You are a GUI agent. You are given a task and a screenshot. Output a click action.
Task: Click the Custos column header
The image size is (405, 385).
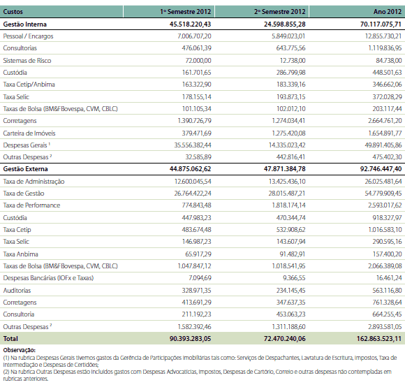(13, 12)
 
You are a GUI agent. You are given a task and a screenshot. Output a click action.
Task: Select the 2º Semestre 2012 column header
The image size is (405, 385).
(280, 12)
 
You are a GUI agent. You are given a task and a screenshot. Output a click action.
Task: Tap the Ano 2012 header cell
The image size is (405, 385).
(388, 12)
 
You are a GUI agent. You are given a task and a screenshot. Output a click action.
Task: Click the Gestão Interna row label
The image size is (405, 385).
(25, 24)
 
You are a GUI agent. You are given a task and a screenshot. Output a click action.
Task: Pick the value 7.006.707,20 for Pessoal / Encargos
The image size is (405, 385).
(194, 36)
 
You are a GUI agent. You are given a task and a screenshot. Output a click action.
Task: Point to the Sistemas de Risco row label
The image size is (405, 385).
(27, 61)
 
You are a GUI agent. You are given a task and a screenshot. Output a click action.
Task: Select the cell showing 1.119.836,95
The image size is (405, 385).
(385, 48)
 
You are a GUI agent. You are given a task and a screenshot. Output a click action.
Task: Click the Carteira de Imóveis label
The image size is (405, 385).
(29, 133)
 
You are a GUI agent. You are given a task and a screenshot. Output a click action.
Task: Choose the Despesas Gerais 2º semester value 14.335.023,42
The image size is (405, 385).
(287, 145)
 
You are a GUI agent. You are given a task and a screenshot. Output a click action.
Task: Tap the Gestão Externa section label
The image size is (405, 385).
(25, 169)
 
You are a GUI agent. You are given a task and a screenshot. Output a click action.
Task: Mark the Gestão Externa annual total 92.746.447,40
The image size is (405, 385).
(381, 169)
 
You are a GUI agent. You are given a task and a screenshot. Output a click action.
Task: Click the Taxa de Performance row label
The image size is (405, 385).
(31, 205)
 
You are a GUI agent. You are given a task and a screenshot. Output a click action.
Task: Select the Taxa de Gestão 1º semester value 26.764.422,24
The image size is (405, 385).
(193, 194)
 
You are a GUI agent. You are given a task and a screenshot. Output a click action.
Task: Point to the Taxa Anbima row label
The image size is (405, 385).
(21, 254)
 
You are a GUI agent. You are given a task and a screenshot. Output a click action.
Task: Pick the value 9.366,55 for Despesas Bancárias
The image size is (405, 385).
(294, 278)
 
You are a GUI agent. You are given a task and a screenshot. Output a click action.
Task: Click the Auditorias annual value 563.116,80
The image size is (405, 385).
(387, 291)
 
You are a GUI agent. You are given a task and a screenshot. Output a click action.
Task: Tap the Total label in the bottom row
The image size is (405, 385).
(10, 338)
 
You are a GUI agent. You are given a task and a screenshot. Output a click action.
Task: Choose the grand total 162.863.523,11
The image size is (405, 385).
(379, 338)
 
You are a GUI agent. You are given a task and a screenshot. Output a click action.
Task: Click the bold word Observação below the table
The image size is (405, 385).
(20, 350)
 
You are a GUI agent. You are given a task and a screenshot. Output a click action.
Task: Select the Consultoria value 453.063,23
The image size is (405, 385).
(291, 314)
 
